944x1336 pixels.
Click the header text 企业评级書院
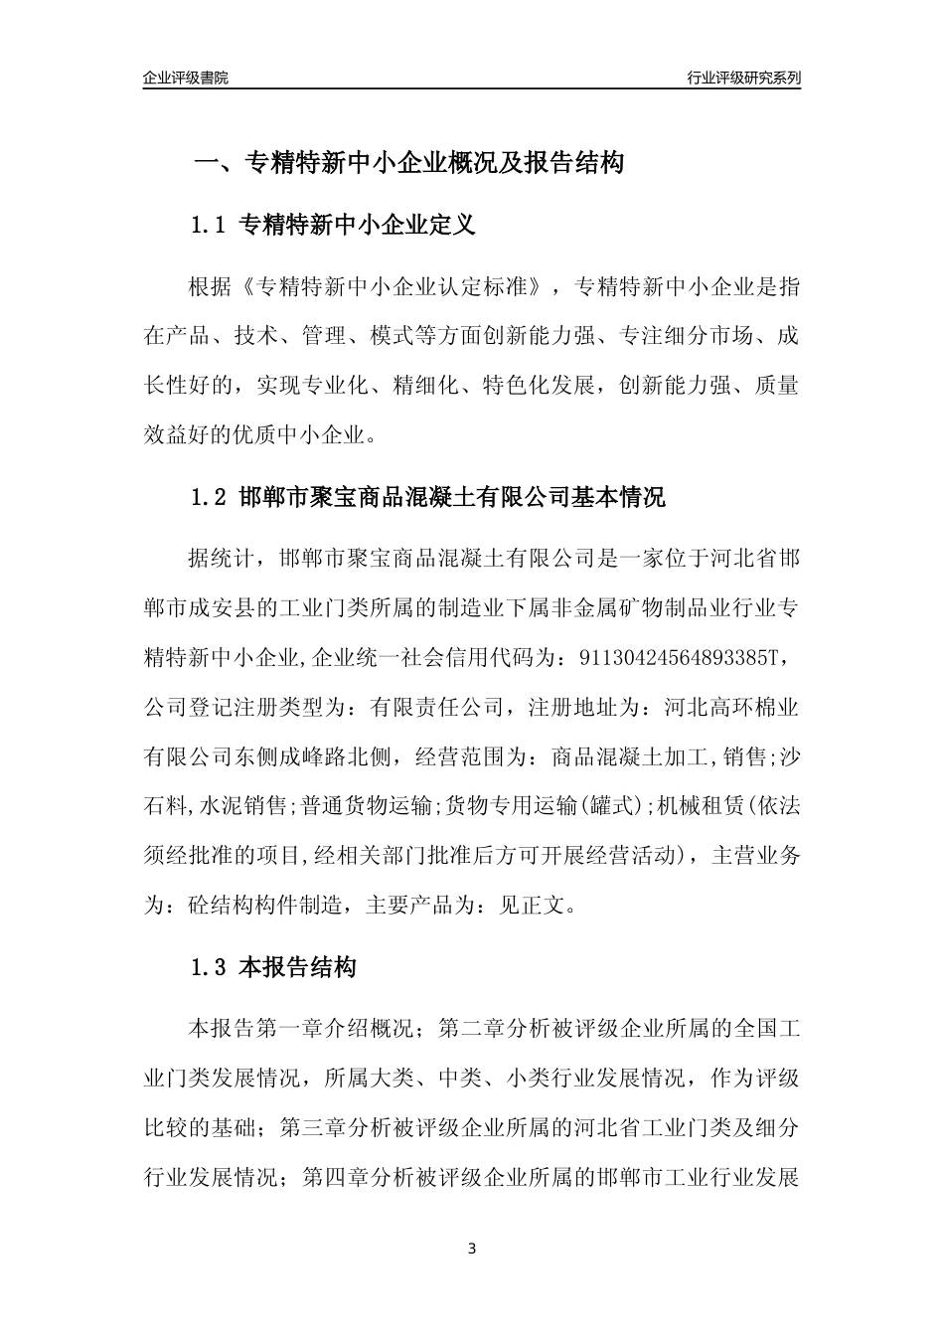click(185, 78)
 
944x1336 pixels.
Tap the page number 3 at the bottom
click(471, 1249)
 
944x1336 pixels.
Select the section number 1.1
click(210, 226)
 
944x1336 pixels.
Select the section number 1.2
click(210, 497)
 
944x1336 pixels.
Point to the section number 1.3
click(210, 966)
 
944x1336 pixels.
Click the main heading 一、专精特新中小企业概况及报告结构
click(407, 162)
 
